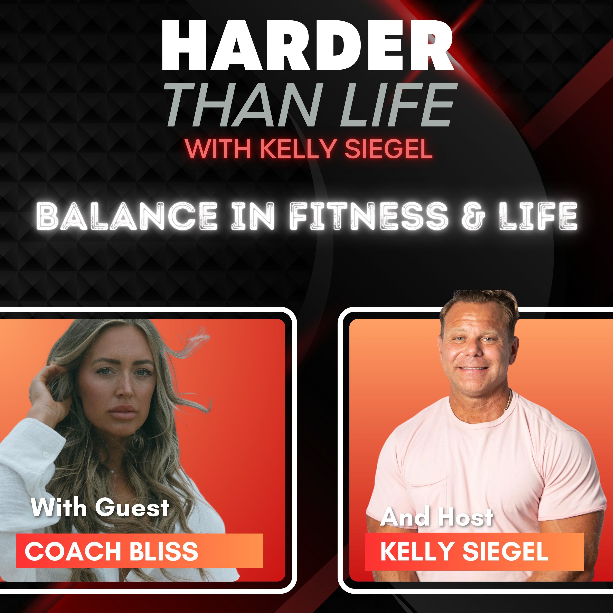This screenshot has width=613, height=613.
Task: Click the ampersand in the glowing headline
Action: click(x=473, y=217)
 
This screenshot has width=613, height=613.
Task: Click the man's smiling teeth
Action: click(x=474, y=369)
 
